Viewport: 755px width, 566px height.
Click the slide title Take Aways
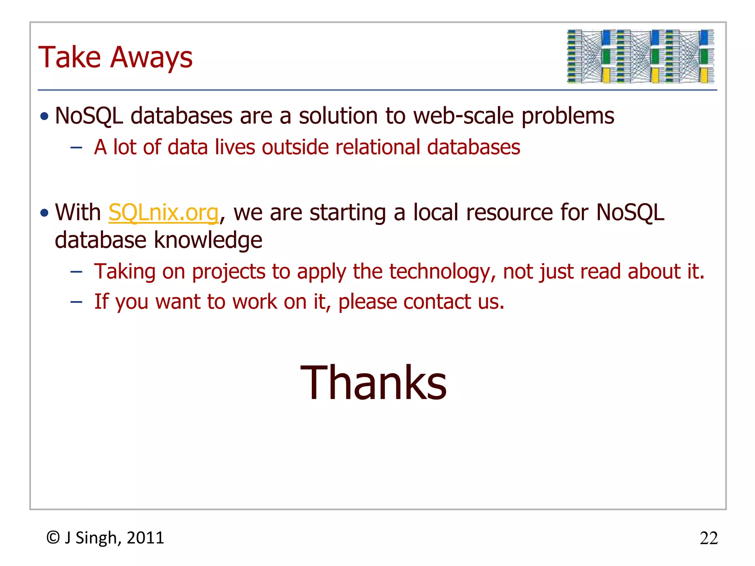click(115, 57)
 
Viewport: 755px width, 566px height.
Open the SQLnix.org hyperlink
click(163, 213)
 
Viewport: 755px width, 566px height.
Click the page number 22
click(709, 538)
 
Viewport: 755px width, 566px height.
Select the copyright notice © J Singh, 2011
click(105, 538)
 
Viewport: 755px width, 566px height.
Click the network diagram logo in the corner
click(640, 56)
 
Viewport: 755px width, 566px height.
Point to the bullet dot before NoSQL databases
click(45, 116)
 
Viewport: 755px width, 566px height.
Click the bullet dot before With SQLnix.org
click(45, 213)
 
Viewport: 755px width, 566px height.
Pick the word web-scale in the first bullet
click(463, 116)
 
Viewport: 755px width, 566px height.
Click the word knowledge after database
click(208, 240)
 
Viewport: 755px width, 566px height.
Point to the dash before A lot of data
click(76, 148)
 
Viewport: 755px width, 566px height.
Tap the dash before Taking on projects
click(76, 272)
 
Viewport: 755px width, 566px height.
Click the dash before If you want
click(76, 302)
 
